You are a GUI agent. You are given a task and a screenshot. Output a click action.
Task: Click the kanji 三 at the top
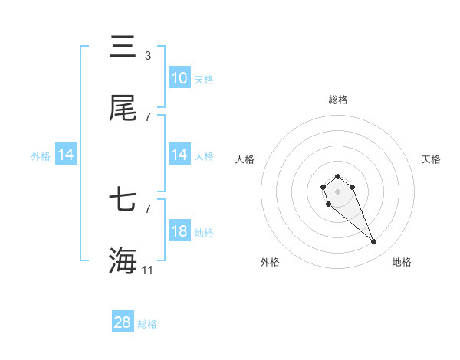tap(123, 47)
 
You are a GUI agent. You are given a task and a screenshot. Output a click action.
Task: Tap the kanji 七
tap(123, 201)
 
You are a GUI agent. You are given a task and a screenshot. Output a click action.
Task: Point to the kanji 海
tap(123, 260)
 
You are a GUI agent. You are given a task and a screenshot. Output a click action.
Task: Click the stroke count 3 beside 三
tap(148, 56)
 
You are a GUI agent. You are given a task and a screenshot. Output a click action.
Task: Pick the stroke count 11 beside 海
tap(149, 270)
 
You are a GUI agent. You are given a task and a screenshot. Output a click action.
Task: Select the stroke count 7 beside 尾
tap(148, 117)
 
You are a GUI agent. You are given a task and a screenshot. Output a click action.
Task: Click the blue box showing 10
tap(179, 78)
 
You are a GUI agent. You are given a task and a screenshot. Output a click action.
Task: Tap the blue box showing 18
tap(179, 231)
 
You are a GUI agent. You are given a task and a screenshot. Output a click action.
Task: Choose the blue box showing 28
tap(123, 322)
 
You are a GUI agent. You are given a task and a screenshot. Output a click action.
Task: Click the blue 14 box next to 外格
tap(66, 155)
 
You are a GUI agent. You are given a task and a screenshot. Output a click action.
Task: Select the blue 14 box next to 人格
tap(179, 155)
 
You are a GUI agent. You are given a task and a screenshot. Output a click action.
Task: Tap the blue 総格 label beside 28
tap(147, 324)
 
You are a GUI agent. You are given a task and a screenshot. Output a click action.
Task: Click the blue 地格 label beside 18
tap(204, 233)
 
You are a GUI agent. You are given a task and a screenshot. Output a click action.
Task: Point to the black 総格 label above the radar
tap(338, 100)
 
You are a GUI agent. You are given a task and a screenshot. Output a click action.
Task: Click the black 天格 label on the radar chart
tap(432, 159)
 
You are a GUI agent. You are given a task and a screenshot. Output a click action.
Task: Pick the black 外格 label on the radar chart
tap(270, 262)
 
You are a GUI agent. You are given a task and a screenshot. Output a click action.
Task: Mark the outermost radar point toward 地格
tap(373, 241)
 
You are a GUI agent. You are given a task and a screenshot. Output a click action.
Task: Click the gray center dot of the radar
tap(337, 191)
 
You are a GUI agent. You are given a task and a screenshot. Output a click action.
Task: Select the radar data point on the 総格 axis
tap(337, 177)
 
